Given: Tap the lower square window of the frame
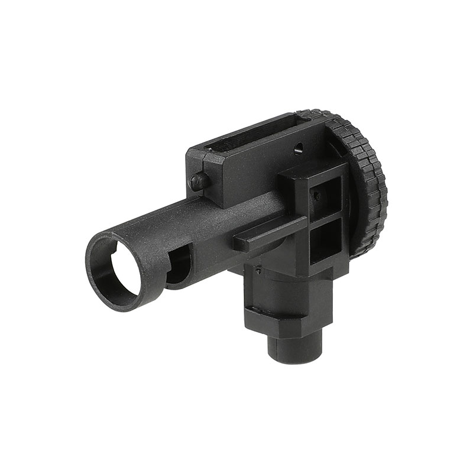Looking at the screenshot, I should [x=326, y=242].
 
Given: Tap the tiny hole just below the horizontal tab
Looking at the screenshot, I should [x=258, y=271].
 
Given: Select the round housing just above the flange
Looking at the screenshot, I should [x=284, y=284].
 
